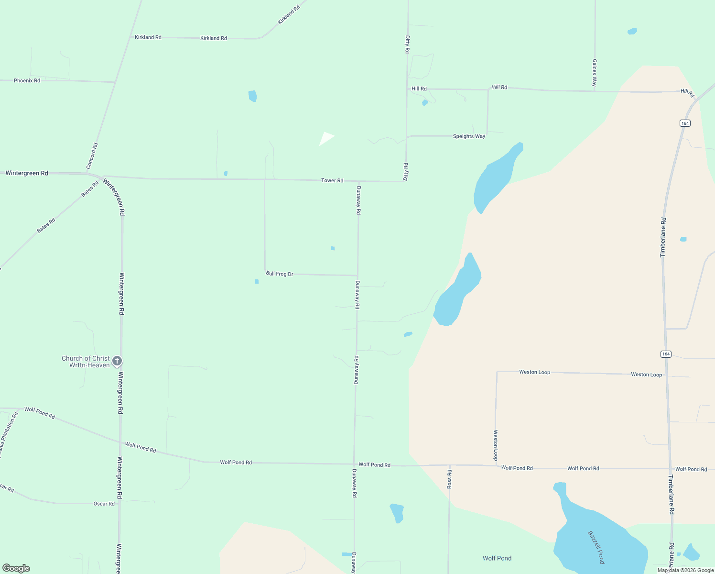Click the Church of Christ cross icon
point(117,361)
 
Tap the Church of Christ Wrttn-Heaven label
point(86,362)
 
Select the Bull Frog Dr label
point(280,274)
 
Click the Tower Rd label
point(332,180)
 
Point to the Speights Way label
point(469,136)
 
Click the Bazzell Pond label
point(596,547)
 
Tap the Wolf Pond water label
point(497,558)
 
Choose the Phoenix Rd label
point(27,80)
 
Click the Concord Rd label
point(92,156)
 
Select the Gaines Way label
point(595,73)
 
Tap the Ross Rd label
point(449,479)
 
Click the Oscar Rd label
point(104,504)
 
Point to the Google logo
point(16,568)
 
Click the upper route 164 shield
point(685,123)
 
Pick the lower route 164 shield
point(666,354)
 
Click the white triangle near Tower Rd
point(326,138)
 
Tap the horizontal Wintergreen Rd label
point(27,173)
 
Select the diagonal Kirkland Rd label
point(289,15)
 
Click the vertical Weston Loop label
point(496,445)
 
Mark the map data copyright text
point(685,570)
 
